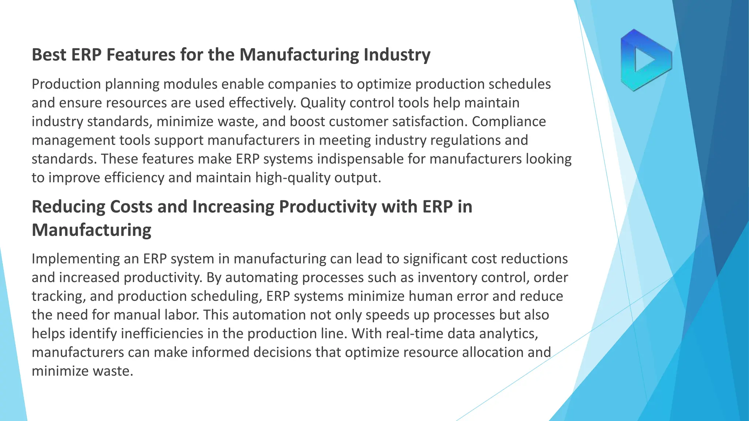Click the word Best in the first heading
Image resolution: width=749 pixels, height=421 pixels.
coord(49,55)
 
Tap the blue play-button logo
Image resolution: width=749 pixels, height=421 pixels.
coord(646,60)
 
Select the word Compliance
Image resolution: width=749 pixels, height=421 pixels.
coord(509,122)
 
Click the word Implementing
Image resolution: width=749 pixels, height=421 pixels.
coord(75,259)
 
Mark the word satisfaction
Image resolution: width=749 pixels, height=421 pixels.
coord(428,122)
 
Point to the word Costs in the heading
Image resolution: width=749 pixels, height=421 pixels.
coord(131,207)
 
